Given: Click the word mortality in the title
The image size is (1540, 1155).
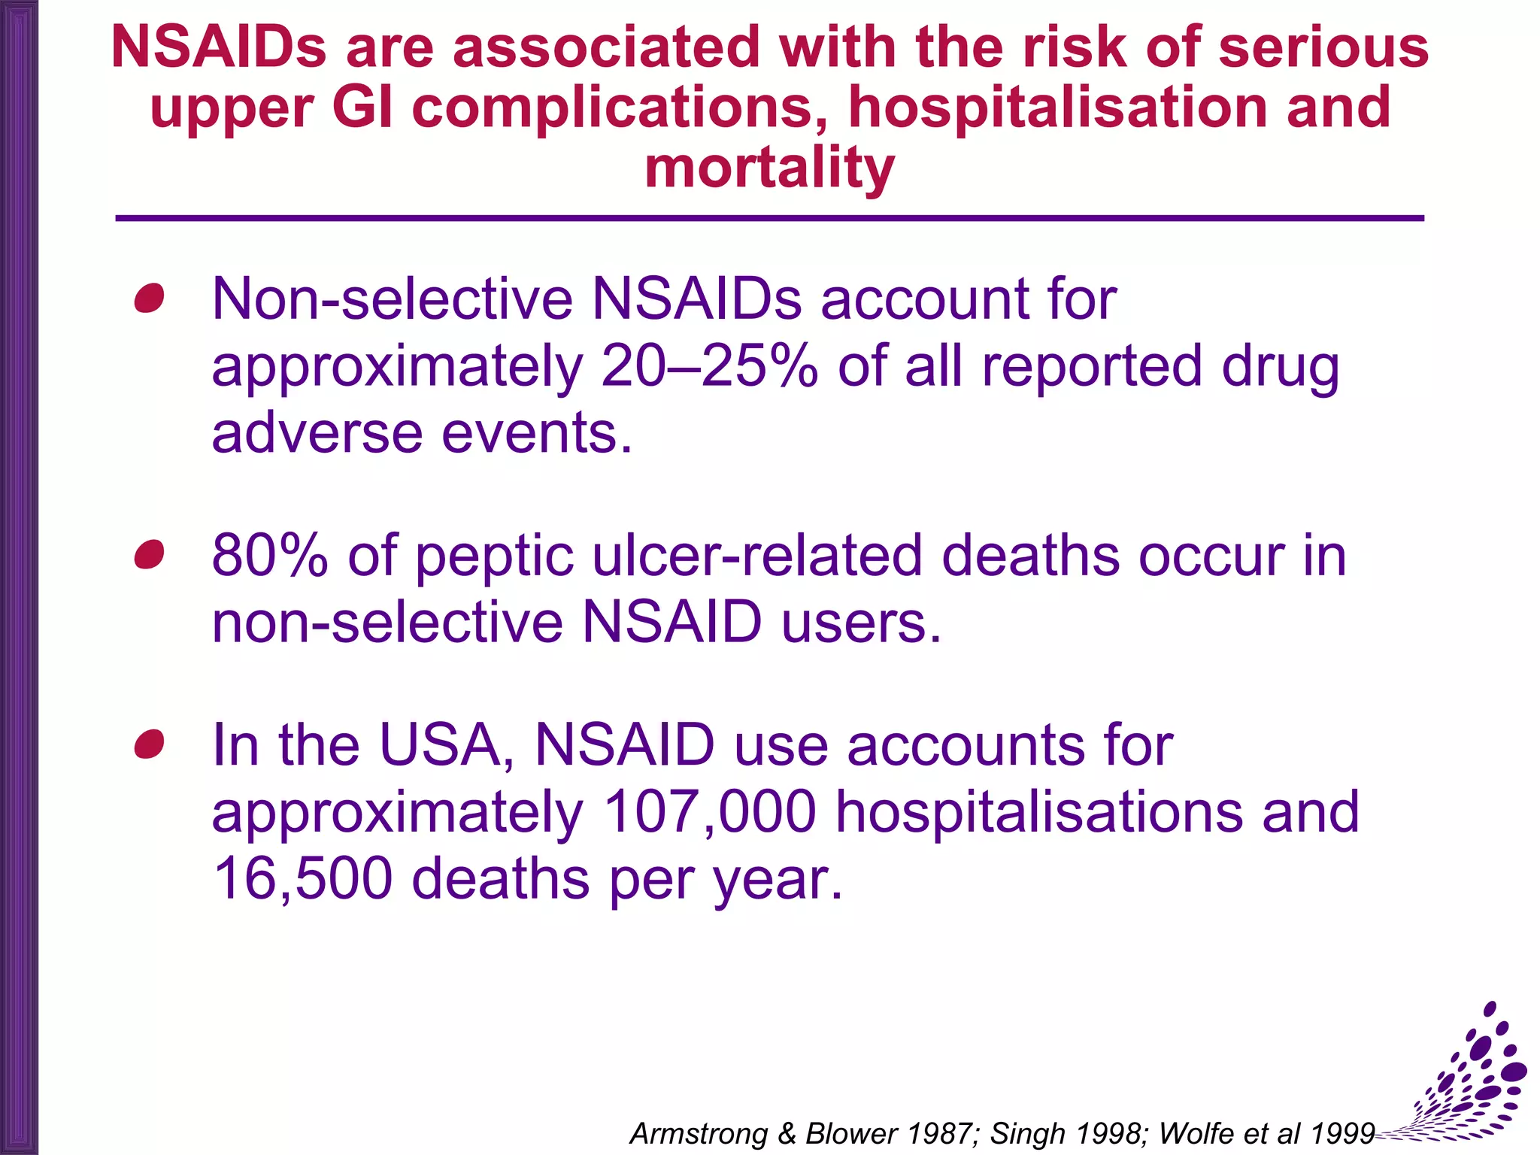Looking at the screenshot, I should point(769,168).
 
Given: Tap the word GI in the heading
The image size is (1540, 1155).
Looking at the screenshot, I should point(362,108).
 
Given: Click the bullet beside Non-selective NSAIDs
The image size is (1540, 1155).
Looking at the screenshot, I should point(149,299).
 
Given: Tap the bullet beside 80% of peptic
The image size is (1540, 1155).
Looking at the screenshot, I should point(149,555).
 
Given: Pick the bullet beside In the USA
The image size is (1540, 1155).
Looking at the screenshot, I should point(149,744).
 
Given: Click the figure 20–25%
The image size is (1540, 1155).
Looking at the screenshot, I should point(709,366).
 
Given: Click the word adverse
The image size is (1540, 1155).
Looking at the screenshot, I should point(317,434).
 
